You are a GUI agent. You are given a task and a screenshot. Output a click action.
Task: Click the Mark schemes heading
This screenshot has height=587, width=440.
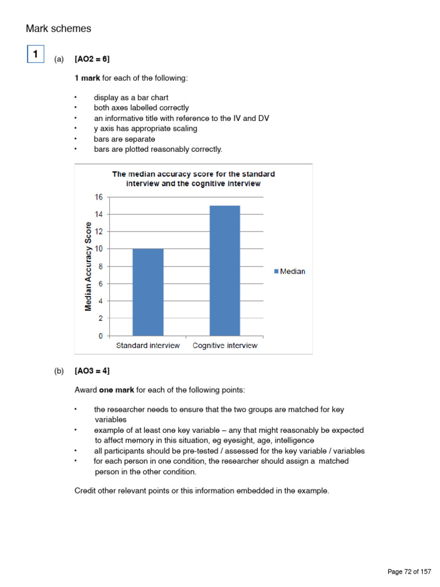[58, 29]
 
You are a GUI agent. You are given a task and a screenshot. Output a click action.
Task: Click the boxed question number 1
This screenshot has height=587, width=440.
[36, 54]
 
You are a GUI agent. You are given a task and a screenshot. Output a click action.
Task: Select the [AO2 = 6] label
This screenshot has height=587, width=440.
[92, 59]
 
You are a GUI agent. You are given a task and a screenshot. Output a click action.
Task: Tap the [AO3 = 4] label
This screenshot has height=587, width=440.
[92, 371]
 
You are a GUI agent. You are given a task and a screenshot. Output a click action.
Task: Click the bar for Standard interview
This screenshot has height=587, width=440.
[148, 292]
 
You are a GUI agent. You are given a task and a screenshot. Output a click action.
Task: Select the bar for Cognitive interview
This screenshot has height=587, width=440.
[225, 270]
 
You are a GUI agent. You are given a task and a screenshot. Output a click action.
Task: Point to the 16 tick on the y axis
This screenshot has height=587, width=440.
[98, 197]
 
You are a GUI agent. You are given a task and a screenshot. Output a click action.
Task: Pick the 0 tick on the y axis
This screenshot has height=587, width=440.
[100, 335]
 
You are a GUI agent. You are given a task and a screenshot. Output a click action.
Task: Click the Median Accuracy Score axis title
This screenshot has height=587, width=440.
[88, 266]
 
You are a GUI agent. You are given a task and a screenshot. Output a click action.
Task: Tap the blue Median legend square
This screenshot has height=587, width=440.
[276, 272]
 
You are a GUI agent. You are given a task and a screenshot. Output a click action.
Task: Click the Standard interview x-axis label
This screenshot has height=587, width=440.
[148, 346]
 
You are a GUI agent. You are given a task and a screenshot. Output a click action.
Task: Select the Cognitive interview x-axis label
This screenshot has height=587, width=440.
[225, 346]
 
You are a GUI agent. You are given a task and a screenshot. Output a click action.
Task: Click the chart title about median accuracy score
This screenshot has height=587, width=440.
[193, 179]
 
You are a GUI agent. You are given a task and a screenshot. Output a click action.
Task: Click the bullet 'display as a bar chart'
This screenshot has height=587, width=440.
[131, 97]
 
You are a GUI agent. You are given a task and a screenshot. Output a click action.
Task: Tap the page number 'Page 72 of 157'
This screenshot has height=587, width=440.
[409, 572]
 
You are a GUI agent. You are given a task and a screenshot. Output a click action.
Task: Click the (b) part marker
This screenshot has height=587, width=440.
[59, 371]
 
